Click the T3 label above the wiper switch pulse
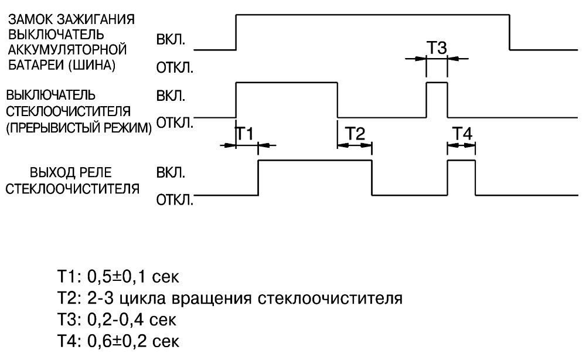point(437,48)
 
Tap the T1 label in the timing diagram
point(245,134)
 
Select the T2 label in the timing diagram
point(355,134)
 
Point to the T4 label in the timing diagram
point(462,134)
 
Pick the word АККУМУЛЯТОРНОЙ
point(67,50)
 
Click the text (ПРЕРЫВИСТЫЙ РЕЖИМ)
point(79,128)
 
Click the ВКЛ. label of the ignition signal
point(171,40)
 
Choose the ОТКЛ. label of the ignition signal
point(175,68)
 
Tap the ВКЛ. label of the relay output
point(171,173)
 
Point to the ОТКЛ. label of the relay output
point(175,201)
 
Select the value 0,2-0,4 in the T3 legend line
point(115,320)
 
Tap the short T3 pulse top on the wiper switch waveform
point(437,82)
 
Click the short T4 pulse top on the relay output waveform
point(462,160)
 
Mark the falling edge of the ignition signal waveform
point(510,32)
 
